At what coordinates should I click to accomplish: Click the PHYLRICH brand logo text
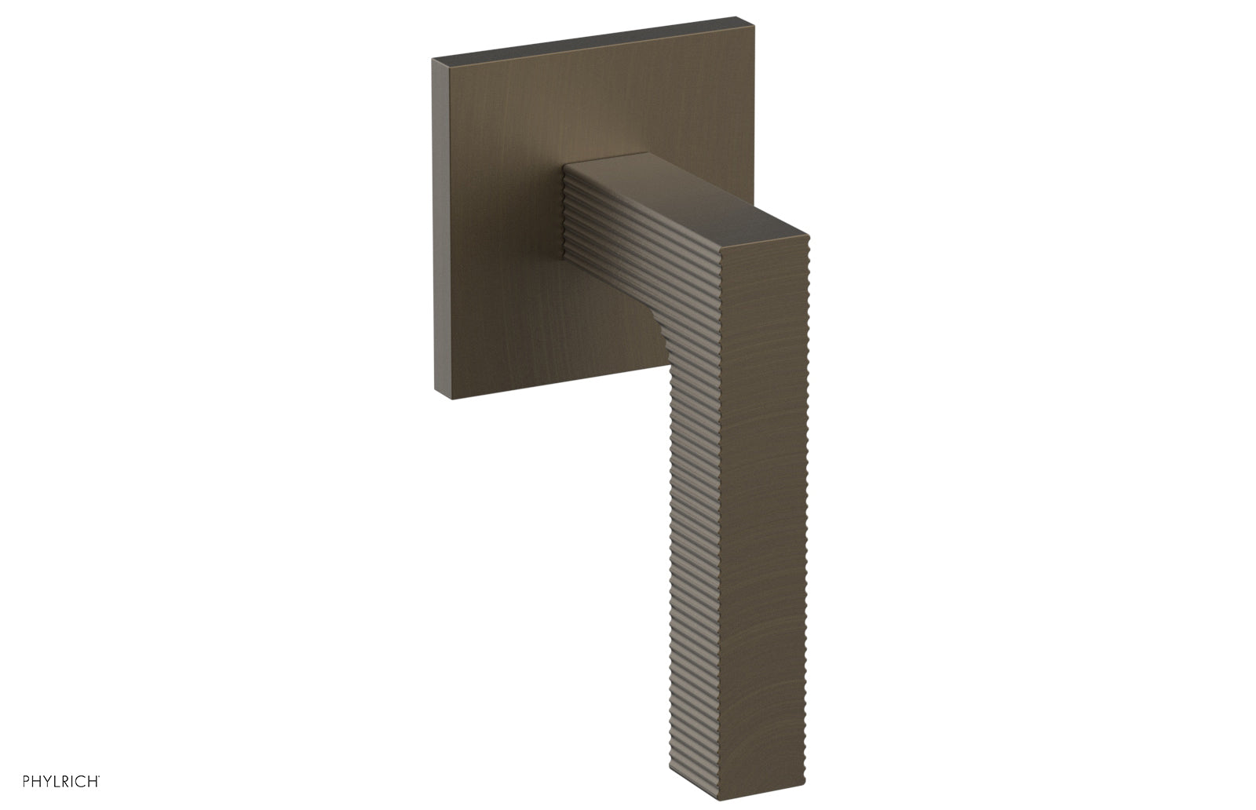[x=60, y=781]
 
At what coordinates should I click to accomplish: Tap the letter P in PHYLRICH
[x=27, y=781]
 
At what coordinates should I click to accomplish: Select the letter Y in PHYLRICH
[x=46, y=781]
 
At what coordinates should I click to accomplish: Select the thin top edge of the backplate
[x=589, y=38]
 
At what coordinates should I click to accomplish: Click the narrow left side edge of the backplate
[x=442, y=228]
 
